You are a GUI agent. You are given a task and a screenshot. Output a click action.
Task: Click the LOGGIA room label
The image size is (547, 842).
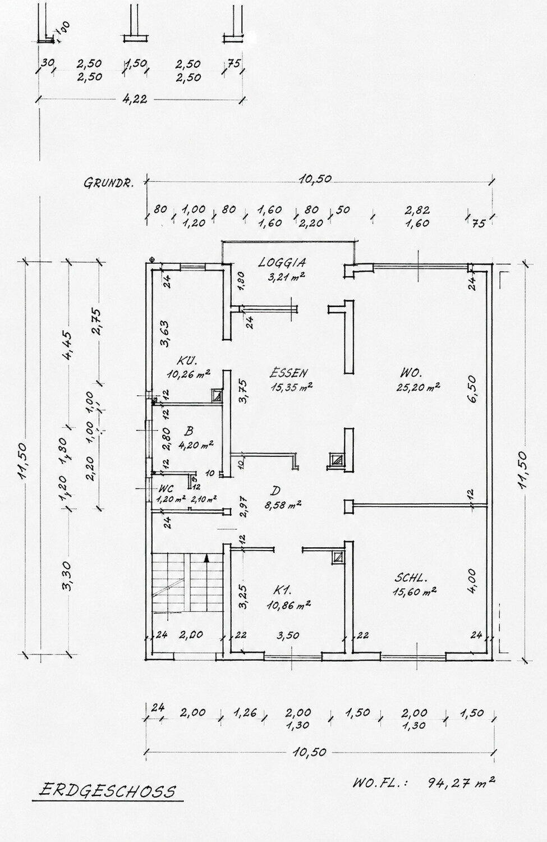tap(282, 262)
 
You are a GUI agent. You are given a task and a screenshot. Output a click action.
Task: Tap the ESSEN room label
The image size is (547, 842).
tap(288, 373)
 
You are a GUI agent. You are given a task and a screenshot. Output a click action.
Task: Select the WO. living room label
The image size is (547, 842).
tap(411, 373)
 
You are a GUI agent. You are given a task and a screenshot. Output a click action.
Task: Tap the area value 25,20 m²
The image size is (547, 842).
tap(418, 387)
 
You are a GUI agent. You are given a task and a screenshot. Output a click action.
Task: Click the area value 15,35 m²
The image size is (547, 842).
tap(292, 387)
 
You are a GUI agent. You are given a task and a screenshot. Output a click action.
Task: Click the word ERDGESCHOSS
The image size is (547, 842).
tap(108, 790)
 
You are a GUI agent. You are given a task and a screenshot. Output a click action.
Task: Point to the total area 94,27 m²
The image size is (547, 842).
tap(461, 782)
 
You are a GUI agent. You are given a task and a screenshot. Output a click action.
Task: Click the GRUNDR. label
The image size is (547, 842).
tap(109, 182)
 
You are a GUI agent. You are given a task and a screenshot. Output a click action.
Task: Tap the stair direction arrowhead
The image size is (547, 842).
tap(206, 559)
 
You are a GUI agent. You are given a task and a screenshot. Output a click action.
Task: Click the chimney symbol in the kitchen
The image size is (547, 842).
tap(217, 395)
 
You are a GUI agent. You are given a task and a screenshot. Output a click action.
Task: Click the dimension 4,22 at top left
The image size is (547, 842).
tap(134, 99)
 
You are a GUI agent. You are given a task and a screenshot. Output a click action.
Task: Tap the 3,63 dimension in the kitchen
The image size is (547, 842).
tap(164, 333)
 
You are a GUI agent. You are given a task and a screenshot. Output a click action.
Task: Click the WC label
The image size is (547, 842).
tap(166, 488)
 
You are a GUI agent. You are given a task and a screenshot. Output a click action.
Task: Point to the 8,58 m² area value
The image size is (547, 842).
tap(283, 505)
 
